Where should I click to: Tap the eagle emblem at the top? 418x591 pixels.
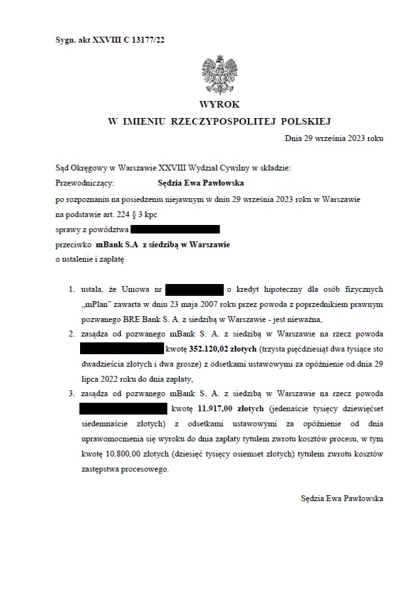[x=220, y=75]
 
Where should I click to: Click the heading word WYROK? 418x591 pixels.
[x=220, y=104]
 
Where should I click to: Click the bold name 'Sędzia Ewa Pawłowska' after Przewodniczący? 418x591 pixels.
[x=201, y=183]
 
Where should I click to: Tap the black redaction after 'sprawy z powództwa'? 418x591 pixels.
[x=175, y=229]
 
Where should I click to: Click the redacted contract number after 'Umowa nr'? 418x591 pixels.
[x=194, y=289]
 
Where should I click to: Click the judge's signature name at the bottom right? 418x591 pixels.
[x=341, y=499]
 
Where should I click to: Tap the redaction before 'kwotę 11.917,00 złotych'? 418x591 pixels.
[x=123, y=409]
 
